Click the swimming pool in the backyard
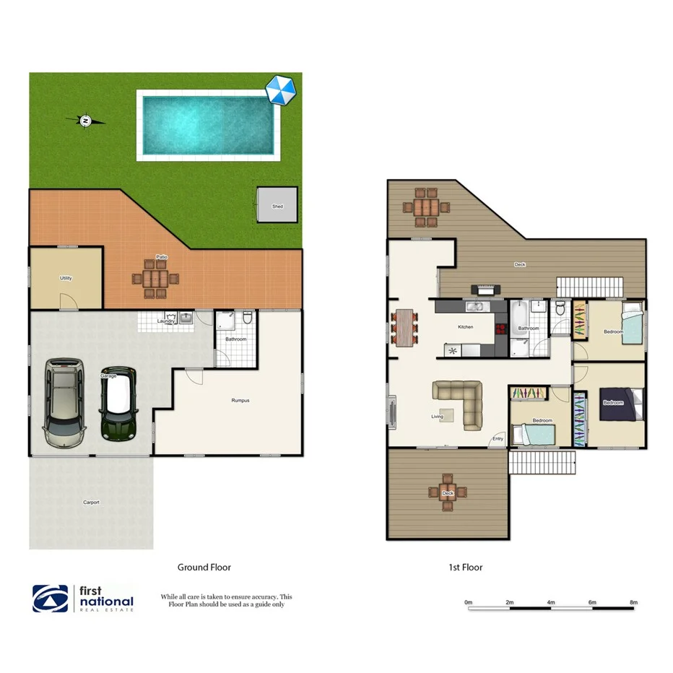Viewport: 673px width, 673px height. (x=208, y=125)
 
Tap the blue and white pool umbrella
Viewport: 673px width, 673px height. (x=280, y=90)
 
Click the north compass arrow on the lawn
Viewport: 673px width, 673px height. (x=86, y=121)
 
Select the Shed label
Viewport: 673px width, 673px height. (x=277, y=207)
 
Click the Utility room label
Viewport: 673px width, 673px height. (x=66, y=278)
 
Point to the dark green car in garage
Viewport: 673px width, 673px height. (x=118, y=404)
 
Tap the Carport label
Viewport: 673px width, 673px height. (x=91, y=502)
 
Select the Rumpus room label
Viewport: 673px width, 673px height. (x=240, y=400)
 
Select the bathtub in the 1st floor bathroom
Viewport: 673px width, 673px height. (x=518, y=315)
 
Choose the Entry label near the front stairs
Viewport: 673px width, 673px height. (x=498, y=438)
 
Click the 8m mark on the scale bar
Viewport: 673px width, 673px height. (x=634, y=602)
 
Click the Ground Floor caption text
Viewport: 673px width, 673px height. (x=204, y=568)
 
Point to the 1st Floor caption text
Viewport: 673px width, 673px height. (x=465, y=568)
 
